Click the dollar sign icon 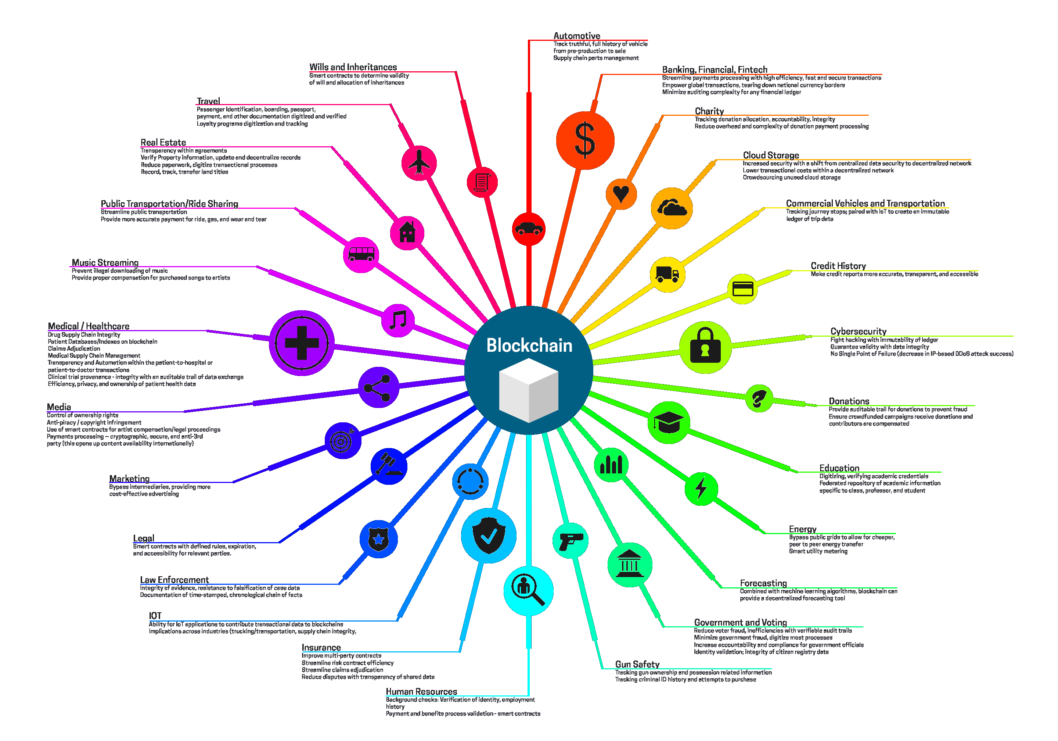click(585, 140)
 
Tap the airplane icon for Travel click(419, 163)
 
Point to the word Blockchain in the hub click(529, 346)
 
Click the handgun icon click(571, 540)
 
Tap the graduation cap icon click(668, 422)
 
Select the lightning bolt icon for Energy click(701, 488)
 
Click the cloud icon click(672, 208)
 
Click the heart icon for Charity click(621, 194)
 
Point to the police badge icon click(378, 539)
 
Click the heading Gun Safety click(637, 664)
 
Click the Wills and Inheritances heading click(353, 67)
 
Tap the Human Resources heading click(421, 691)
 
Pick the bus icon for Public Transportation click(361, 254)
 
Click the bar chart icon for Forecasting click(611, 465)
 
